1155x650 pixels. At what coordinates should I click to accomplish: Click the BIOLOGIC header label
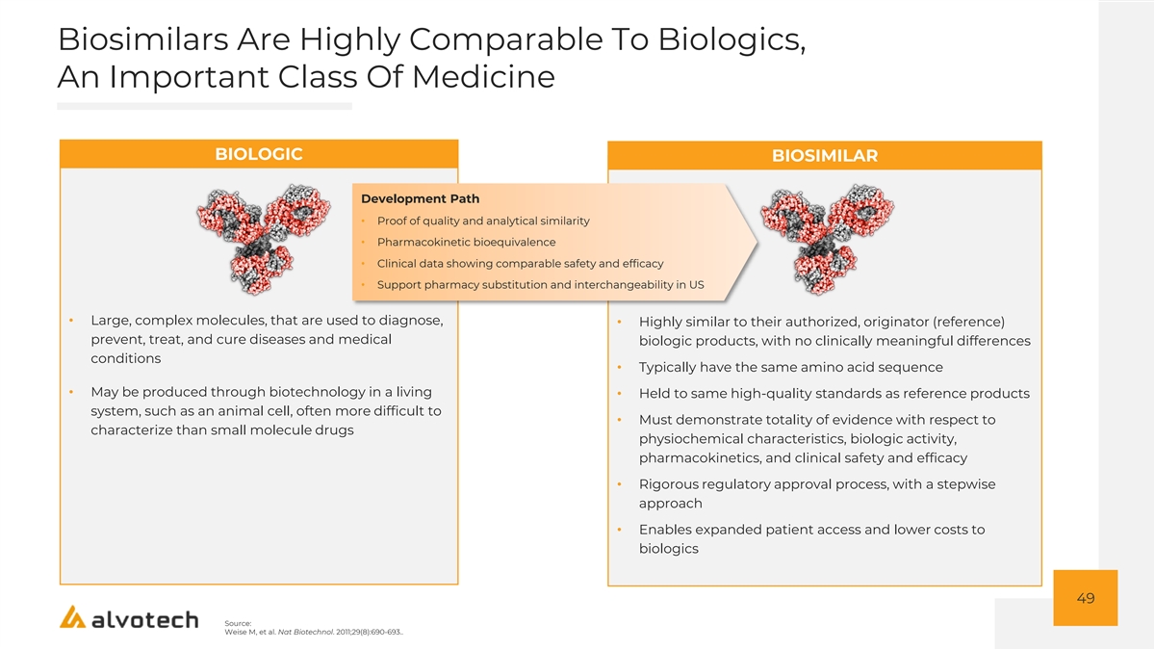(258, 154)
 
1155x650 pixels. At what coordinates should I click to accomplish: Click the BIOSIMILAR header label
(825, 155)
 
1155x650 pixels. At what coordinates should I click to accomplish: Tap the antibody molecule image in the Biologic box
(264, 240)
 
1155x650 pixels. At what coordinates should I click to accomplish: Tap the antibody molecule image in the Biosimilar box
(828, 240)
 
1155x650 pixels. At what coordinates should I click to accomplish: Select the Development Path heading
(421, 198)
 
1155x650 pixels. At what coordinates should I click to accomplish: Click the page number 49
(1086, 598)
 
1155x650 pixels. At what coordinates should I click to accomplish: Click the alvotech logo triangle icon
(73, 616)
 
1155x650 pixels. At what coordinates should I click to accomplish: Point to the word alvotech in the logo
(145, 619)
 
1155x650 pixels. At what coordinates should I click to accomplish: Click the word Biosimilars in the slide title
(142, 39)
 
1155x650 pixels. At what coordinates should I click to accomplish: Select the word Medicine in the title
(483, 77)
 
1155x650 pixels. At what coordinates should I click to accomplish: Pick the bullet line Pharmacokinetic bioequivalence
(466, 242)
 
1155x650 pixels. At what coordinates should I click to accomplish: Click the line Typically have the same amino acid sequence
(790, 367)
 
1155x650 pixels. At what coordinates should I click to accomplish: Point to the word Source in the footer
(238, 623)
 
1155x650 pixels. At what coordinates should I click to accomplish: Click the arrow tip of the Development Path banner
(757, 242)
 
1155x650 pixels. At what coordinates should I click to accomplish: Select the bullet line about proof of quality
(483, 221)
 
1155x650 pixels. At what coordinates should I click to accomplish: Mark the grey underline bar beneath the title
(204, 106)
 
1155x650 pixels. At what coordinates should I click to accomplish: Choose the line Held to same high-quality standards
(834, 393)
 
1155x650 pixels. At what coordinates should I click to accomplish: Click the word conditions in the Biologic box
(126, 358)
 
